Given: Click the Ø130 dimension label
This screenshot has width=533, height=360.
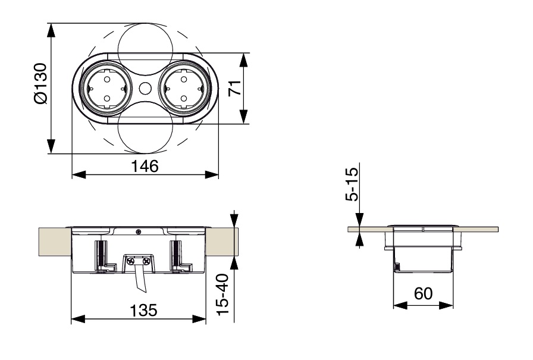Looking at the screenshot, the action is point(41,83).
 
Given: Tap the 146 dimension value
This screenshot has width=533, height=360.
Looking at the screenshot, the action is point(145,166).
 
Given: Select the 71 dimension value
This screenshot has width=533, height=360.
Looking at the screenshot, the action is point(234,88).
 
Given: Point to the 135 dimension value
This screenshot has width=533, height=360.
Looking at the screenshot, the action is point(144,311).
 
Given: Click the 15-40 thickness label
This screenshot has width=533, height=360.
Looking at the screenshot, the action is point(223,295).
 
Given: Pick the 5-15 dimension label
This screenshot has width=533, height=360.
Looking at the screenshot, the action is point(352,184).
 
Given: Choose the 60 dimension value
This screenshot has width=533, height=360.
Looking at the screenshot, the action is point(423,293).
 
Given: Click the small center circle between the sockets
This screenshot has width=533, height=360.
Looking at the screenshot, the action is point(145,89).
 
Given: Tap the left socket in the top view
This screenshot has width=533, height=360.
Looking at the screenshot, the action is point(106,89).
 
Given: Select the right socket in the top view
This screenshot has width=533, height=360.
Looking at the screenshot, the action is point(184,89).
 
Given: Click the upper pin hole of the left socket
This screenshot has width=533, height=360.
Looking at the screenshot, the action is point(106,80).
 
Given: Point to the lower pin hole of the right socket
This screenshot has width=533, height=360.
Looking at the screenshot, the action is point(184,99).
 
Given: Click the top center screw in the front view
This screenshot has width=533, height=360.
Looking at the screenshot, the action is point(139,231).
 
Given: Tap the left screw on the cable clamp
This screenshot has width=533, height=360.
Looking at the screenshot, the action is point(130,261).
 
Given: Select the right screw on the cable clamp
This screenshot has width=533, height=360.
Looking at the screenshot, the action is point(146,261).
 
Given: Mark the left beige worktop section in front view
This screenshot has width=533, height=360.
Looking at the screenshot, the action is point(55,242).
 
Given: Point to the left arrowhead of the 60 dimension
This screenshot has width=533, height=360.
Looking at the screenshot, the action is point(400,305).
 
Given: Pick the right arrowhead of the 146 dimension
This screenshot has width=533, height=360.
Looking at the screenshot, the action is point(211,175).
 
